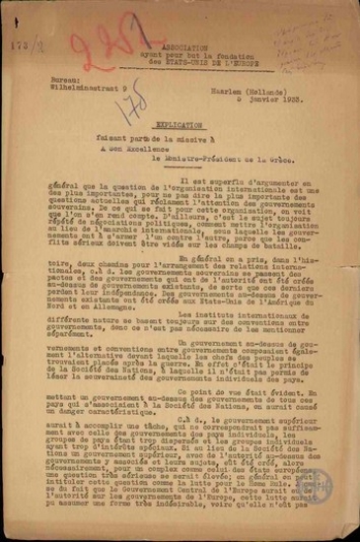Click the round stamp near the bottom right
(317, 488)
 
